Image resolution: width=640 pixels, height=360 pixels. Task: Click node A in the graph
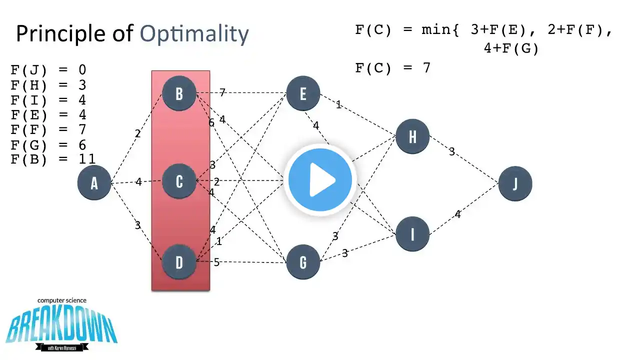94,183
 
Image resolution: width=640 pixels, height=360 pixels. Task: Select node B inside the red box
179,93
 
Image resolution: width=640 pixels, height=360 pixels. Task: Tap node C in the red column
179,181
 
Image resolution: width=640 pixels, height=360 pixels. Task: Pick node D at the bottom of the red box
179,262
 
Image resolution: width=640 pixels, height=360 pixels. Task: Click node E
303,93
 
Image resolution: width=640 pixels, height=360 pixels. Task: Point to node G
303,262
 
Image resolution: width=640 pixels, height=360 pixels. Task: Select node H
412,136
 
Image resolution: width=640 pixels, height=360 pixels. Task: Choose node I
412,234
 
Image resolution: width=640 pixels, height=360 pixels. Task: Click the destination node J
515,184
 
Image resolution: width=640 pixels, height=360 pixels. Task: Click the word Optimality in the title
194,34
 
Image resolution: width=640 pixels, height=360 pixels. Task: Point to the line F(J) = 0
48,70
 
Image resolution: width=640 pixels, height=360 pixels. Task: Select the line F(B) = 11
53,159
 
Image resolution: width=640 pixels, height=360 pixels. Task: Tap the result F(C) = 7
392,68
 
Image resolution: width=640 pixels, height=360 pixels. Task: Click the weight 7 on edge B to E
222,92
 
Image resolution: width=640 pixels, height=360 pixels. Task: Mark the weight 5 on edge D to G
216,262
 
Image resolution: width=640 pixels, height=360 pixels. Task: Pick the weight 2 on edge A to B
137,133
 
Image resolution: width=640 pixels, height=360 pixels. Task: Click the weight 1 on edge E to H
338,105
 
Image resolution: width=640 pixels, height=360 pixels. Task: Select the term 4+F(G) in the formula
511,49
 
